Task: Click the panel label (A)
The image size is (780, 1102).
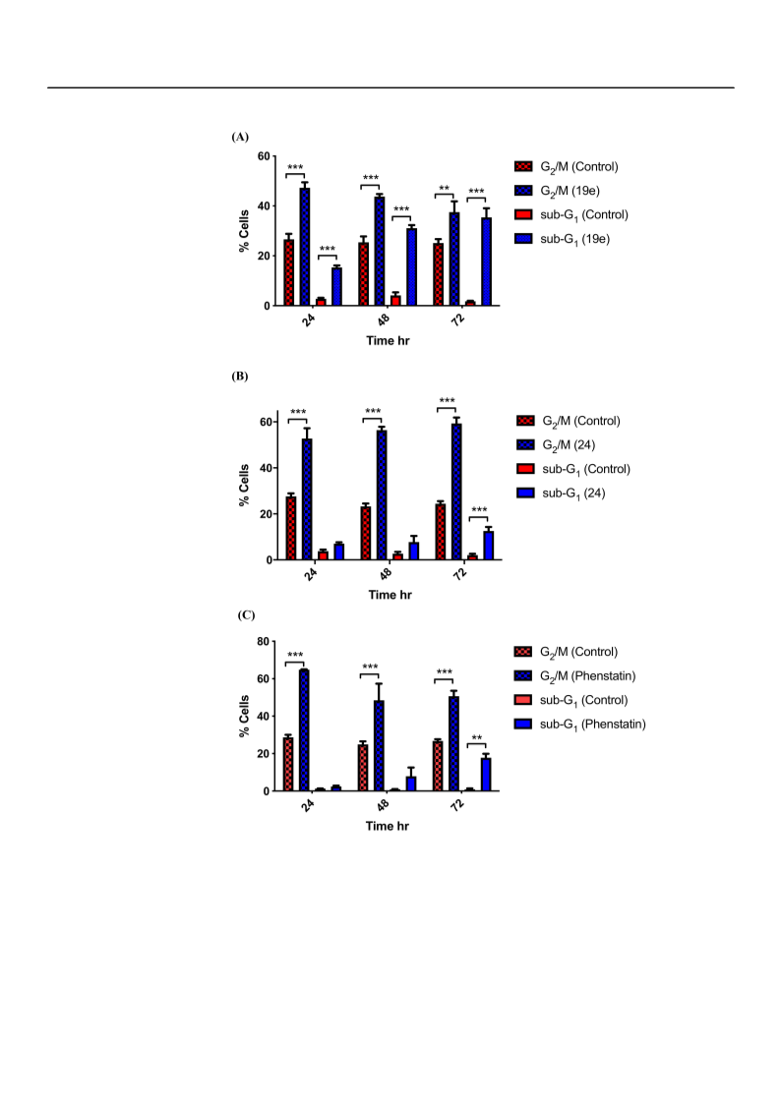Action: click(240, 137)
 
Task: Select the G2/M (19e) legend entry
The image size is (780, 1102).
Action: click(557, 191)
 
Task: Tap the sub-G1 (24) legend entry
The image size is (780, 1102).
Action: click(561, 493)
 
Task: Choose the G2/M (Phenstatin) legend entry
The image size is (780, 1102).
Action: click(574, 676)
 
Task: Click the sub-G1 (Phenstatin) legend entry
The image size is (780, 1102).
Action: click(579, 725)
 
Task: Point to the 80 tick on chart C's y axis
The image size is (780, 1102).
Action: click(263, 642)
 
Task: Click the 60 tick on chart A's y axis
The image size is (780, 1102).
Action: click(264, 156)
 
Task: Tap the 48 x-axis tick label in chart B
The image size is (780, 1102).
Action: click(386, 573)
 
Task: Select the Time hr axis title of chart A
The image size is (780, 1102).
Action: click(388, 341)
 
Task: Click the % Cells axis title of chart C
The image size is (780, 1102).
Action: click(244, 717)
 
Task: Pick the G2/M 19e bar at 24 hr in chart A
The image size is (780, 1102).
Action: click(305, 247)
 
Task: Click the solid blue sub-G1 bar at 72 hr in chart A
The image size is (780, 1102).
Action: click(486, 261)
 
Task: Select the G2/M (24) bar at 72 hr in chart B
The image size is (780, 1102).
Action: click(456, 492)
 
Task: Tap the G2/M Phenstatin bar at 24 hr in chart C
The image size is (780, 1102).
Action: click(304, 730)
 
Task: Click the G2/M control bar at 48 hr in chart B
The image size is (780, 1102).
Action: click(366, 533)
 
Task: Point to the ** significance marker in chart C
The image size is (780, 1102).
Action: click(477, 738)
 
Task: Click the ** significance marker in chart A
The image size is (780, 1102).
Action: click(444, 189)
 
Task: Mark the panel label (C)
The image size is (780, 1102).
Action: click(246, 615)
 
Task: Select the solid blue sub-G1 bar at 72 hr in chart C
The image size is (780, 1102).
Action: click(486, 775)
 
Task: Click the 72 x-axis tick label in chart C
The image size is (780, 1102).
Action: click(457, 805)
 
